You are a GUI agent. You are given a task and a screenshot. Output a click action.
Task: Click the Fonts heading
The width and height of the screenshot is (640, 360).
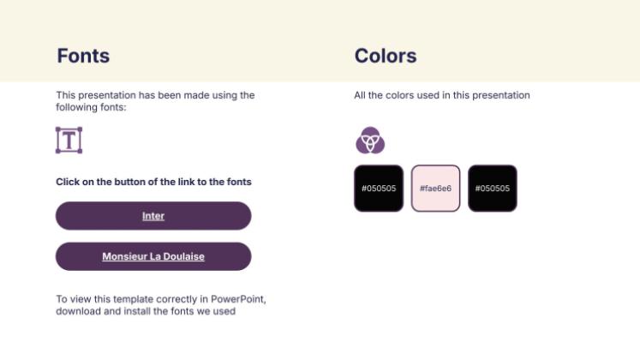[x=83, y=57]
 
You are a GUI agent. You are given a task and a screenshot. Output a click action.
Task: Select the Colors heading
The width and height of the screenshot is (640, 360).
[x=386, y=57]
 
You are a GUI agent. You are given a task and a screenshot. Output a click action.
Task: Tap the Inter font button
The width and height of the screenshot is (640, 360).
[x=153, y=216]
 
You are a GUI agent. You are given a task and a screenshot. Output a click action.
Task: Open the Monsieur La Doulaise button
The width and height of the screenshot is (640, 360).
[x=153, y=256]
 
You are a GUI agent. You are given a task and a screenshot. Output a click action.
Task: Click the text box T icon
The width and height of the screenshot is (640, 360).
[x=69, y=140]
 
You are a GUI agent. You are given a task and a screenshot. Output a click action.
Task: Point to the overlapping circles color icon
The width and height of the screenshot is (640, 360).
[x=369, y=140]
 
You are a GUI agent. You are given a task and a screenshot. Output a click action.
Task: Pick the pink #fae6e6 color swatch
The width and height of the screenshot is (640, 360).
[x=435, y=188]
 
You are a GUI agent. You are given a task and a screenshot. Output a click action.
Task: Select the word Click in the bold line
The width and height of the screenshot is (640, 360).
[x=69, y=182]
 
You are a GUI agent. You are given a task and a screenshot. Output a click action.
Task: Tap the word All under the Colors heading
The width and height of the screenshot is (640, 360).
[x=360, y=95]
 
